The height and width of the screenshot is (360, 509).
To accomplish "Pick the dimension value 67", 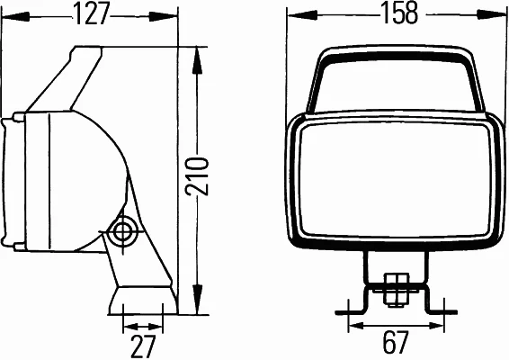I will point(394,342).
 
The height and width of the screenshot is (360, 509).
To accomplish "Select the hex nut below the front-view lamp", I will point(393,289).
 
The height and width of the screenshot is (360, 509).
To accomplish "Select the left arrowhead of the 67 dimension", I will point(351,327).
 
